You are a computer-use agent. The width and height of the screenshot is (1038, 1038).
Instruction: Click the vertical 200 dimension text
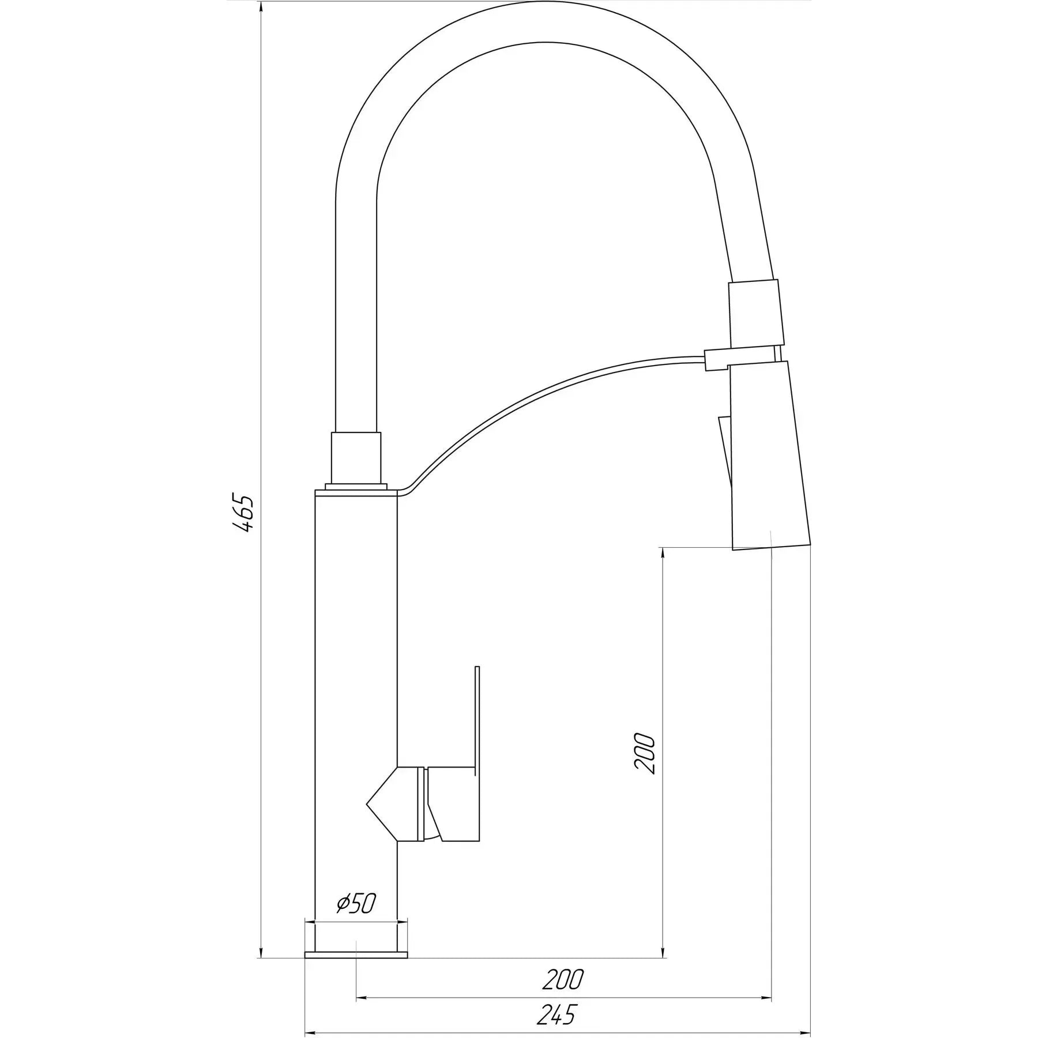[x=644, y=754]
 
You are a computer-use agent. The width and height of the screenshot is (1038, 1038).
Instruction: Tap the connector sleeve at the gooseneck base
[x=356, y=459]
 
